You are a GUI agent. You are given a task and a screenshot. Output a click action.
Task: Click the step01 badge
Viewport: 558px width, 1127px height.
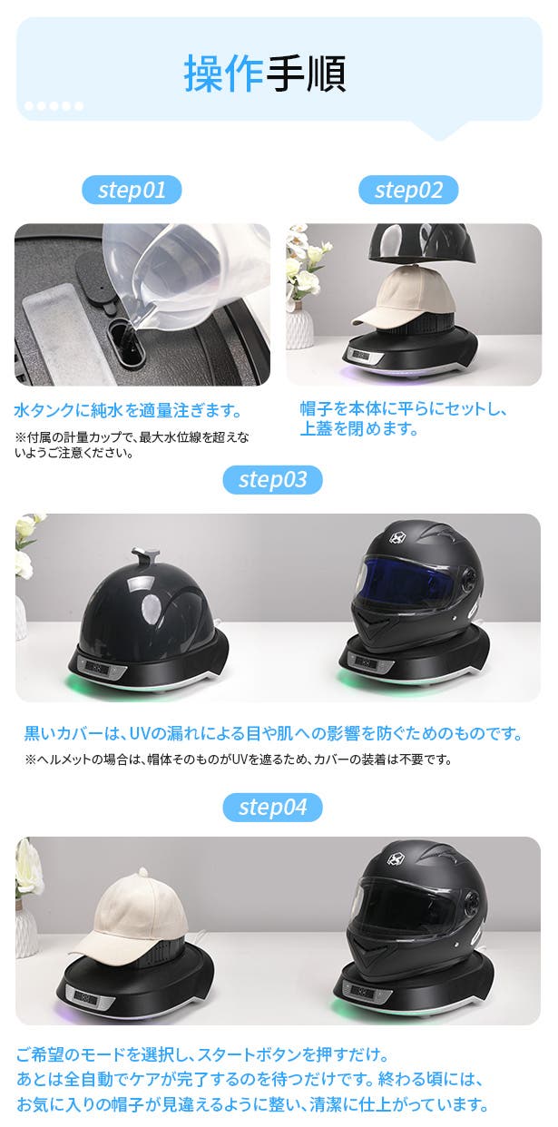[132, 190]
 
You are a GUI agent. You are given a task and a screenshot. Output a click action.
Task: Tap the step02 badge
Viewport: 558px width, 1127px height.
[408, 190]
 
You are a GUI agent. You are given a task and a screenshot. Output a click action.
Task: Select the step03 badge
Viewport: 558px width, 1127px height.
[272, 479]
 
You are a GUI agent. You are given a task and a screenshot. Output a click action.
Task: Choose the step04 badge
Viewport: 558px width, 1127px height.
[272, 808]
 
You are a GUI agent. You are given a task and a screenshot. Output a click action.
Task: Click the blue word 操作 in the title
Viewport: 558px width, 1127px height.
[224, 74]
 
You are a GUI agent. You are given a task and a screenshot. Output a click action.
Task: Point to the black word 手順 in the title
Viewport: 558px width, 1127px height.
[306, 74]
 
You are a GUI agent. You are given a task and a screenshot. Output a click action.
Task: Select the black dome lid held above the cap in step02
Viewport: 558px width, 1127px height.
[422, 244]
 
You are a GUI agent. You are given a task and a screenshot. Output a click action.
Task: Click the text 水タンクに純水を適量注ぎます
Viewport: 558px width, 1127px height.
[128, 410]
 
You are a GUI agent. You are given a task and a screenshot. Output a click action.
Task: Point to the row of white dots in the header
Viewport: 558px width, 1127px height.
[54, 105]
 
